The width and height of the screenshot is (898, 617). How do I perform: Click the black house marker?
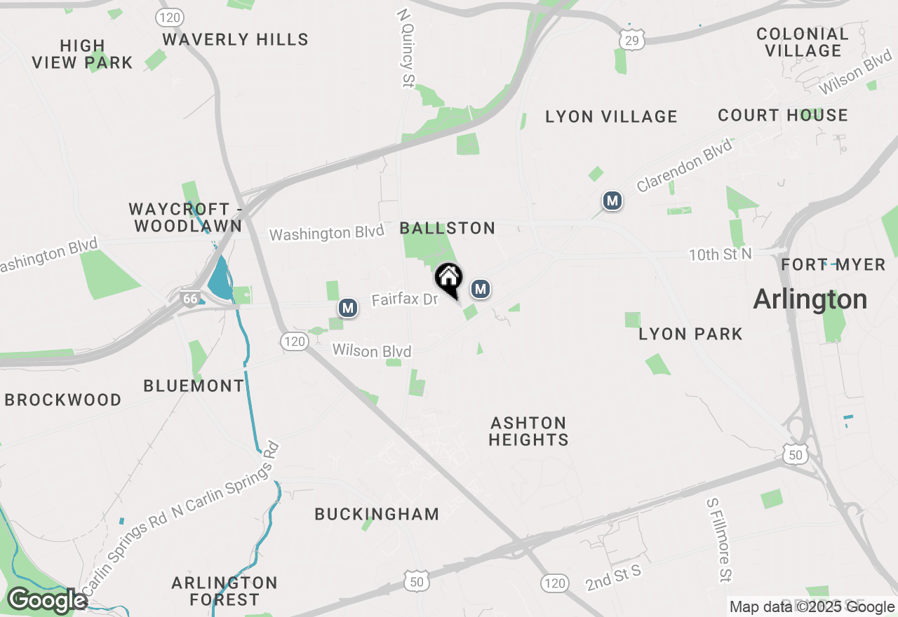point(449,279)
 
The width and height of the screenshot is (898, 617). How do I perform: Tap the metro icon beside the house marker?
point(480,289)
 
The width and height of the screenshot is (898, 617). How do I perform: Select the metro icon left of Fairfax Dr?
point(347,307)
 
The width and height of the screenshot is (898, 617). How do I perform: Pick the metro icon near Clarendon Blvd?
point(612,201)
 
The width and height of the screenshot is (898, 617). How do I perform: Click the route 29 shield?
point(632,41)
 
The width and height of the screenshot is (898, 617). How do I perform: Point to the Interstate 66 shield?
point(189,299)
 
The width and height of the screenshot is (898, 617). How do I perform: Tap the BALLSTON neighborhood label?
point(448,228)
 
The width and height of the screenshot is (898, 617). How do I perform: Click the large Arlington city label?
point(810,300)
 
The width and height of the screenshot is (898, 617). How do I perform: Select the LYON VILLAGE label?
point(611,117)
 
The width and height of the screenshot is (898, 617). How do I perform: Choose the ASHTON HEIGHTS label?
point(529,431)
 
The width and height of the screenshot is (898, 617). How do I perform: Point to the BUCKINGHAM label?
point(377,514)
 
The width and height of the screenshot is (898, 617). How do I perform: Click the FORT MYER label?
point(833,265)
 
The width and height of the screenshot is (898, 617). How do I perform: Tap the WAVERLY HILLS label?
point(236,40)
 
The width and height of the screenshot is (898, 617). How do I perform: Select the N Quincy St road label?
point(406,48)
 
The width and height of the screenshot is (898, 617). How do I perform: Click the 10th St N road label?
point(720,254)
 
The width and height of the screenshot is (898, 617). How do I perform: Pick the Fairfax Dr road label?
point(405,300)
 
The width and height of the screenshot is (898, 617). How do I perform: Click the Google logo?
point(47,600)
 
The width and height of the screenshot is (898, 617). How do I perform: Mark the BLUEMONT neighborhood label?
point(194,386)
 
